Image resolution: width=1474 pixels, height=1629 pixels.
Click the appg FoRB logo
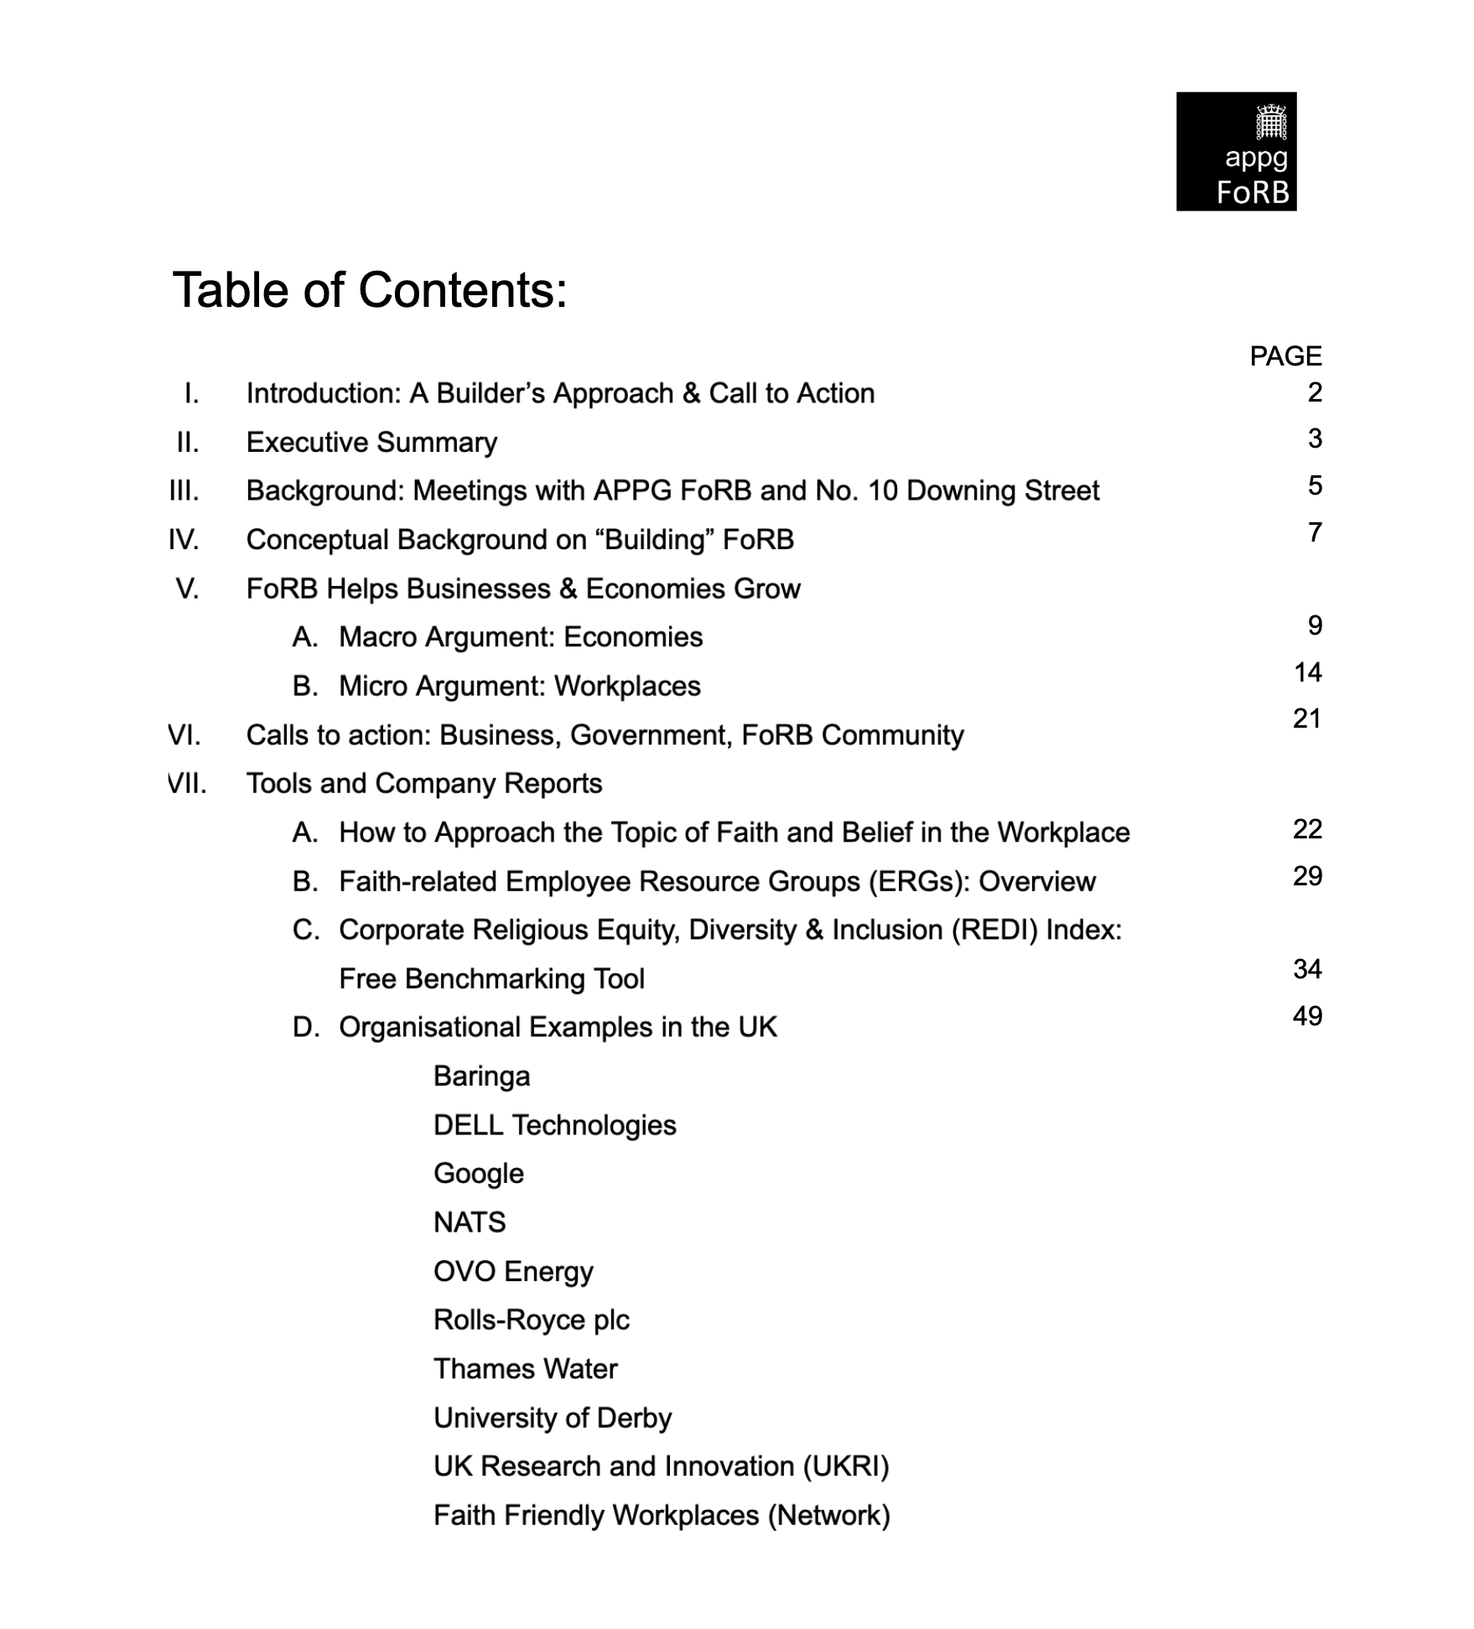point(1236,151)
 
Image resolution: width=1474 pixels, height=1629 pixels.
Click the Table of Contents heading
point(370,290)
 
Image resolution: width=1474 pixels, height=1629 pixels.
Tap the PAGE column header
point(1285,356)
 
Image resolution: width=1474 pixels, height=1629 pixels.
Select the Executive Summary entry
point(371,442)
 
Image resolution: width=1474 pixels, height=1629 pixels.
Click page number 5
point(1314,485)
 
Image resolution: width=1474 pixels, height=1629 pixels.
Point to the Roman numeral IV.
point(184,539)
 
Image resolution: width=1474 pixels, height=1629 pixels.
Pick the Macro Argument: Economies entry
point(520,637)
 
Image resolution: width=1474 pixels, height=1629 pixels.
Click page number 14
point(1307,672)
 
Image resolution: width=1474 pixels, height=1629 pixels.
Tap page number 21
point(1307,719)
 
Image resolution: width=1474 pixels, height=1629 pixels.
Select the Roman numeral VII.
point(187,783)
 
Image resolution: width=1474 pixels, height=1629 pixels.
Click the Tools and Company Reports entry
point(424,783)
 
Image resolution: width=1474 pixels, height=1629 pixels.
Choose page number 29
point(1307,876)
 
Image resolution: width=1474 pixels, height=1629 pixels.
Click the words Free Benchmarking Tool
point(491,978)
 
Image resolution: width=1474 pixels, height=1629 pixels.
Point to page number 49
point(1307,1016)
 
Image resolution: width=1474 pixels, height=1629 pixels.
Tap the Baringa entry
point(481,1076)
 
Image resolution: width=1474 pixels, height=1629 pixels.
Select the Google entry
point(478,1174)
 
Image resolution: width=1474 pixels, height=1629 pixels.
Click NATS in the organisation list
point(470,1222)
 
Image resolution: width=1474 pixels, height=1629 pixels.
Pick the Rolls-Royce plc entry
point(531,1320)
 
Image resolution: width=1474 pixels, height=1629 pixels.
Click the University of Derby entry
point(553,1418)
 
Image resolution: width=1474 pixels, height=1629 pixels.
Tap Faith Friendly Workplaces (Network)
point(662,1515)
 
